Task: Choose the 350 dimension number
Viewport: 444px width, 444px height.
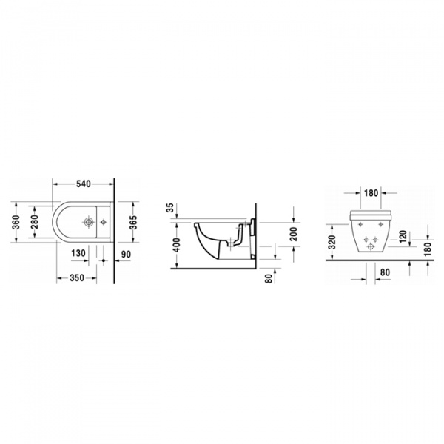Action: pos(75,279)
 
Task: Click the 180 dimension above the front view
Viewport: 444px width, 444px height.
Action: pos(371,193)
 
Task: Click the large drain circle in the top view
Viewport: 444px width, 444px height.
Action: pos(89,221)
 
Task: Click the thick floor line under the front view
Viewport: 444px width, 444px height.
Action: pos(370,258)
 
